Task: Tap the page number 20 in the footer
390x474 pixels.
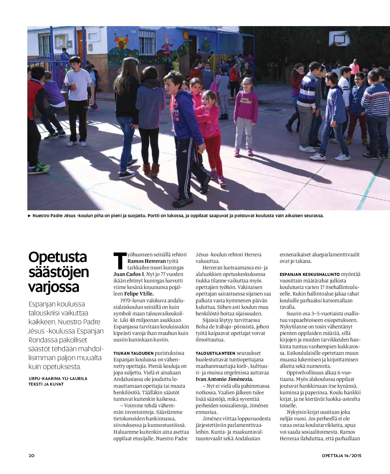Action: click(32, 455)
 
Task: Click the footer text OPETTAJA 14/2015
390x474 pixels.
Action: click(342, 455)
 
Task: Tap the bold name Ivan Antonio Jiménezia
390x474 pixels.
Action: click(225, 379)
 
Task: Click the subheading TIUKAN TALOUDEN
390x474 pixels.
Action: click(134, 353)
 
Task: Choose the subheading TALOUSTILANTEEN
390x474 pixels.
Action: click(216, 353)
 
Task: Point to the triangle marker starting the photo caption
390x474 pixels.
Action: click(29, 216)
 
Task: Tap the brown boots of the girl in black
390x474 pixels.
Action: click(151, 170)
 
